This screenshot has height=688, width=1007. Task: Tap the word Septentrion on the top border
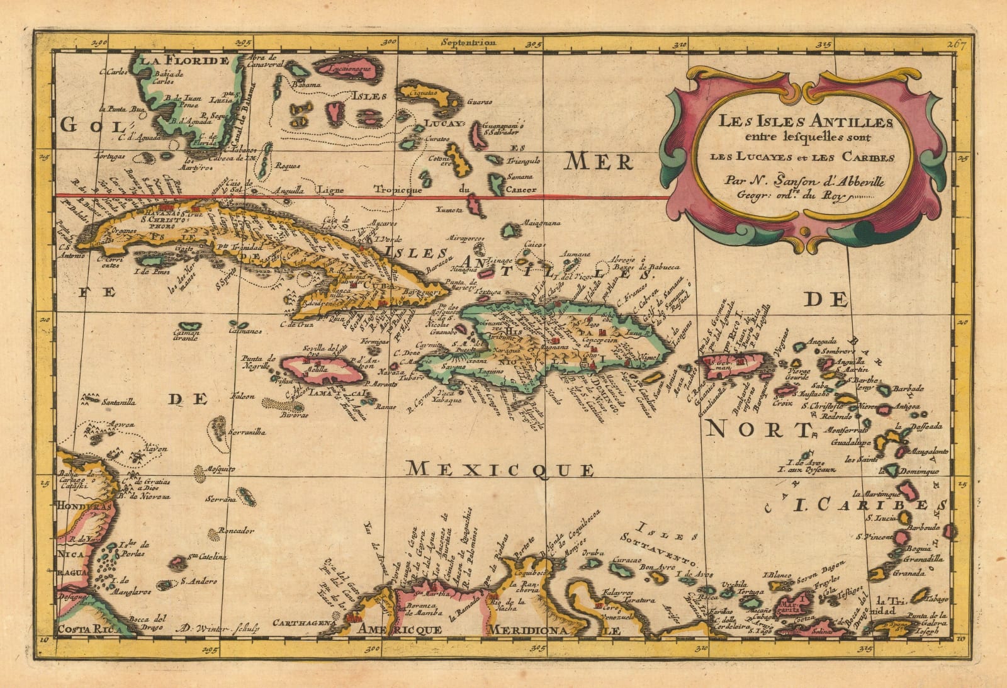click(468, 43)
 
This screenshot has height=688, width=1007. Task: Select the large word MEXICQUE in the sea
click(500, 468)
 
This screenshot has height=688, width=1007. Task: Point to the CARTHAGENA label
click(302, 623)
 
